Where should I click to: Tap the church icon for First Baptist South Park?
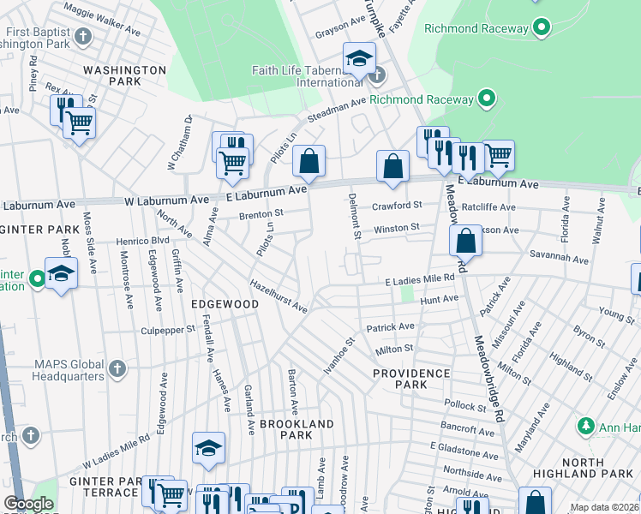82,36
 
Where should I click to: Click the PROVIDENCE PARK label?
411,379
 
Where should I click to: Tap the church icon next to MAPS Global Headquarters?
117,369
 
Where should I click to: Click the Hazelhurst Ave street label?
278,296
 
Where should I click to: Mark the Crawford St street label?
397,206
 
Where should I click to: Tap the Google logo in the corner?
28,505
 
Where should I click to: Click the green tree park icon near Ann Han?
586,425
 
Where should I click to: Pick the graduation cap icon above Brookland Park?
208,447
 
